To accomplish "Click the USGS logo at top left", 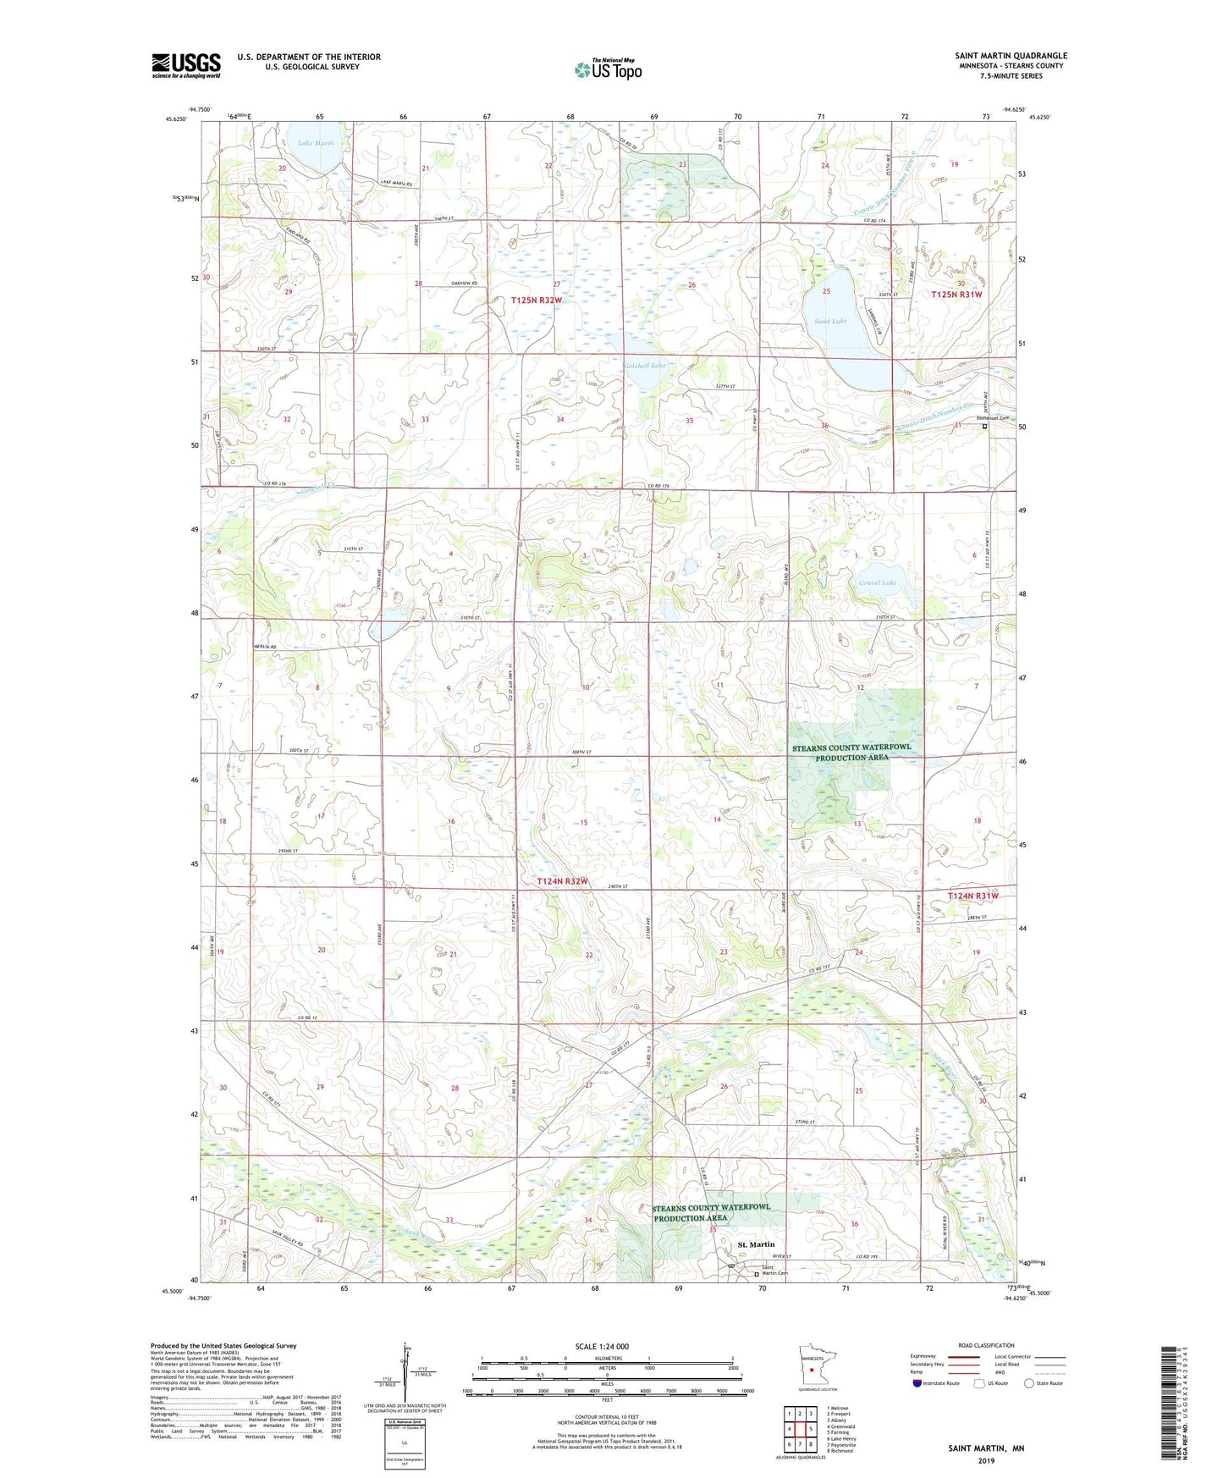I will (186, 65).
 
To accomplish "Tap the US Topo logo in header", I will (608, 69).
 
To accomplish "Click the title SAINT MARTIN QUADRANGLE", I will (1011, 56).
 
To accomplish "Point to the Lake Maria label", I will (316, 143).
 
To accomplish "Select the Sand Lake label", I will (830, 322).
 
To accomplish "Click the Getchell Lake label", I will (645, 366).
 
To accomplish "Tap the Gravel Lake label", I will (878, 582).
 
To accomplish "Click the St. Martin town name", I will (756, 1244).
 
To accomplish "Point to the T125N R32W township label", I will (537, 301).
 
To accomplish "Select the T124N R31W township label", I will (972, 896).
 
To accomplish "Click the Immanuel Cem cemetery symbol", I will (984, 427).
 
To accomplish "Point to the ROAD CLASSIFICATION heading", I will (985, 1345).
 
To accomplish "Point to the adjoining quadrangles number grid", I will (800, 1429).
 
